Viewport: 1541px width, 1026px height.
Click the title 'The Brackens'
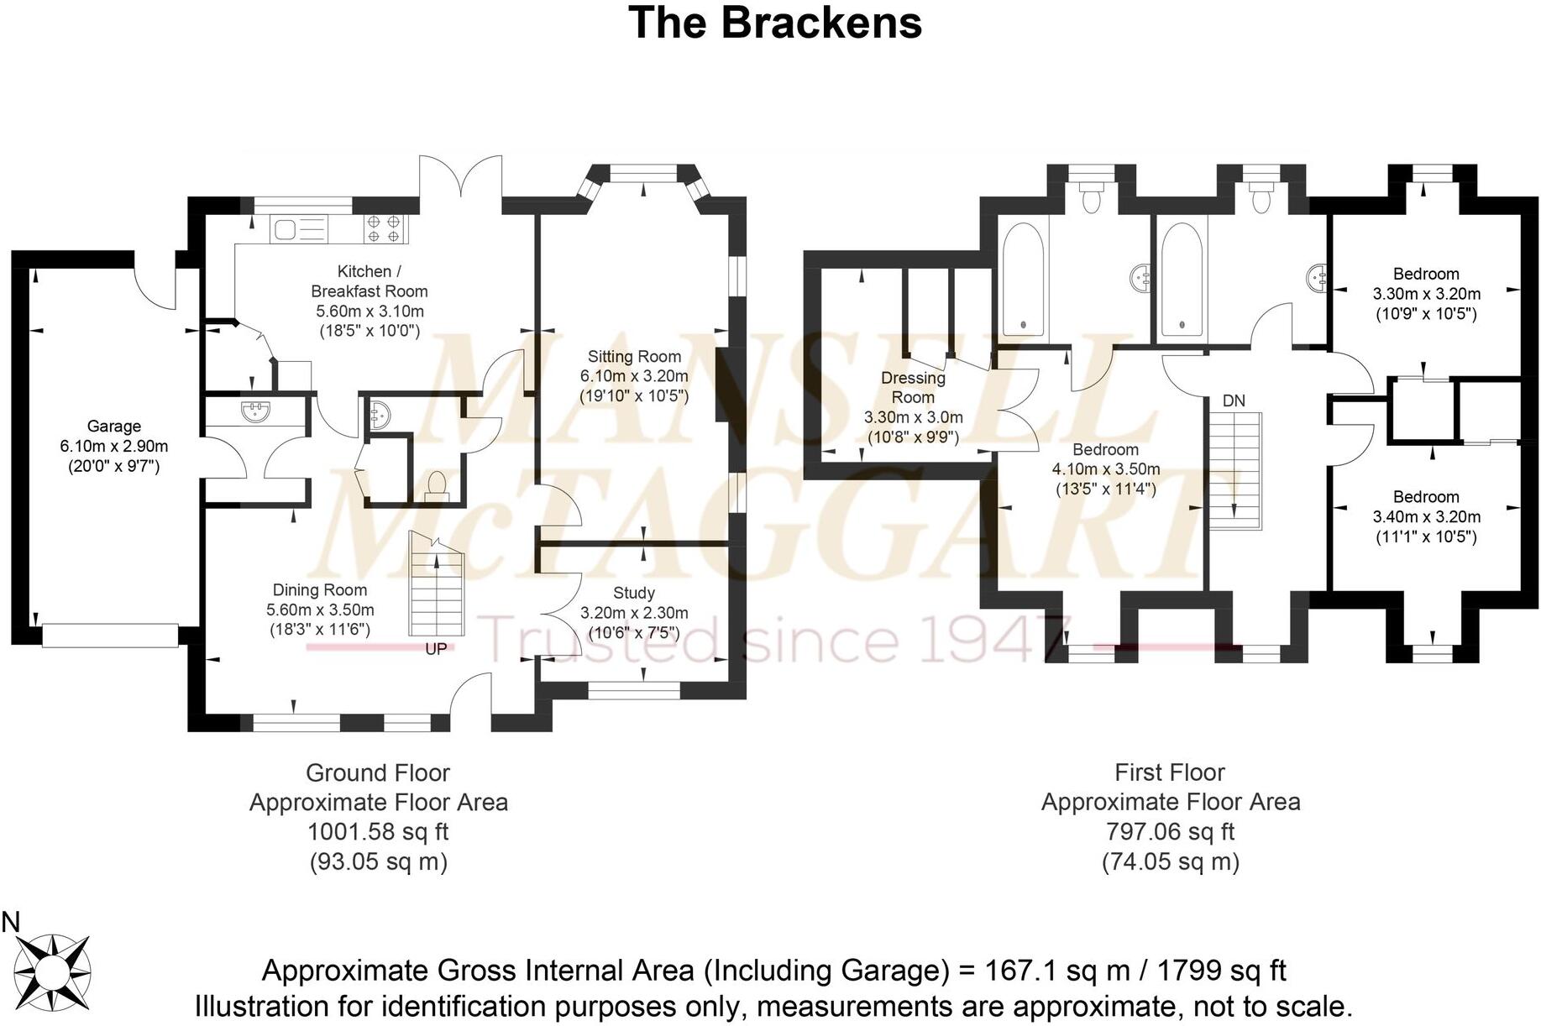pyautogui.click(x=774, y=23)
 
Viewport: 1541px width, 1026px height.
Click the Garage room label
pyautogui.click(x=113, y=427)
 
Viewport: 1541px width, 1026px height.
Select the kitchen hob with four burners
pyautogui.click(x=385, y=229)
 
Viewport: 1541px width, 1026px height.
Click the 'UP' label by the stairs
pyautogui.click(x=436, y=649)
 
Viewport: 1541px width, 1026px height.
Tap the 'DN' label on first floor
pyautogui.click(x=1234, y=401)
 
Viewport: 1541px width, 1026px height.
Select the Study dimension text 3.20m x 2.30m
pyautogui.click(x=634, y=614)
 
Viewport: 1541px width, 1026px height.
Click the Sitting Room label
pyautogui.click(x=634, y=357)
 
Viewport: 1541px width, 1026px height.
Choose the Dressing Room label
pyautogui.click(x=913, y=387)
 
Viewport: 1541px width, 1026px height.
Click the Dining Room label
pyautogui.click(x=320, y=590)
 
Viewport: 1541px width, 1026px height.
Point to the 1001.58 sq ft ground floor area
pyautogui.click(x=378, y=832)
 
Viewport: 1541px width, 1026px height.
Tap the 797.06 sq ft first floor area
pyautogui.click(x=1170, y=832)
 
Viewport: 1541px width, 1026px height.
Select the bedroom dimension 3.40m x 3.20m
pyautogui.click(x=1426, y=517)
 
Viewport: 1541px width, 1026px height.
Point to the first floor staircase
pyautogui.click(x=1234, y=470)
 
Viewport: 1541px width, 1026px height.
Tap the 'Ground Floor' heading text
pyautogui.click(x=378, y=772)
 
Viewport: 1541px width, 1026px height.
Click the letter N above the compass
pyautogui.click(x=11, y=923)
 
